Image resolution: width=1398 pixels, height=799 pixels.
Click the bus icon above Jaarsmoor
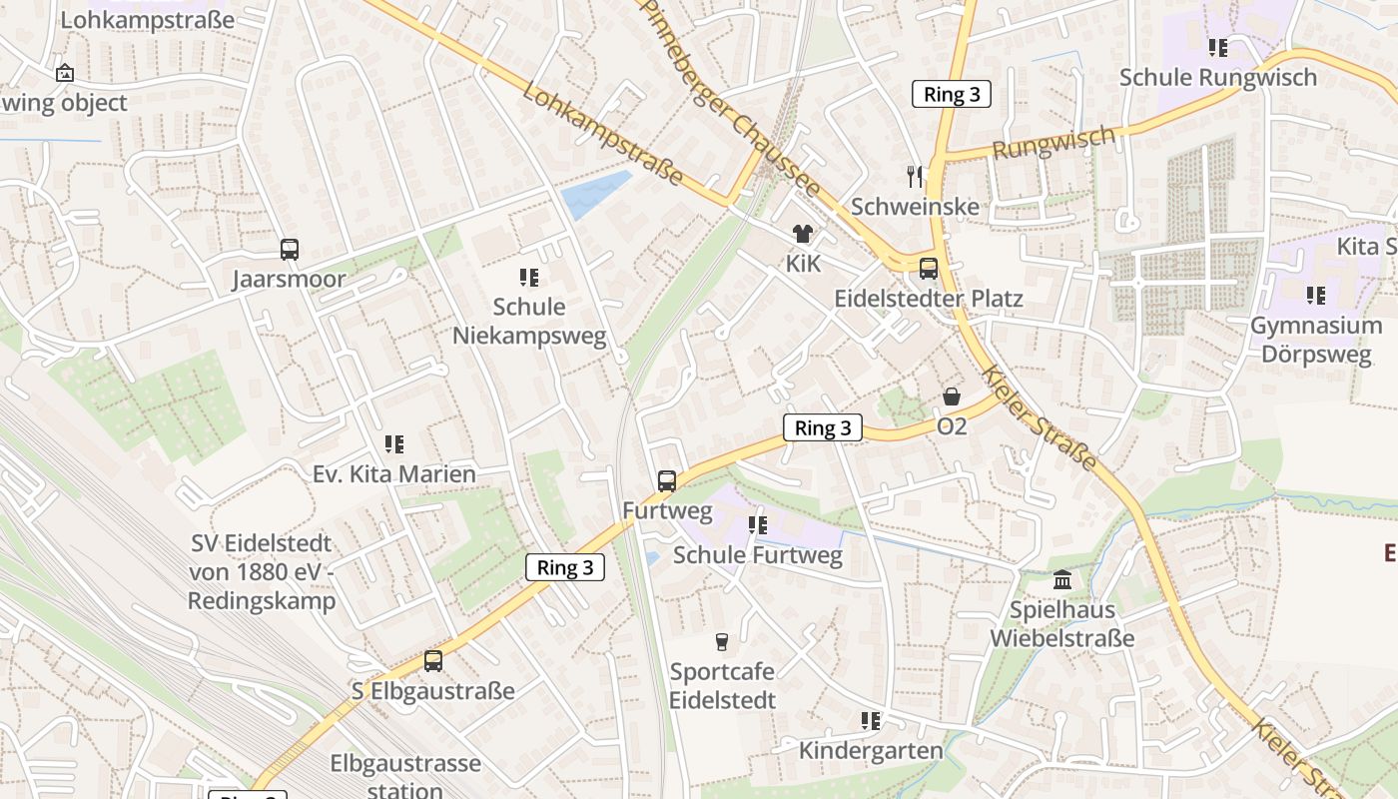[x=289, y=250]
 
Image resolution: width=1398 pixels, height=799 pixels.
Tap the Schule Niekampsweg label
[x=529, y=321]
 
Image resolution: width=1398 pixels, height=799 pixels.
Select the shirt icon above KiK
[x=803, y=234]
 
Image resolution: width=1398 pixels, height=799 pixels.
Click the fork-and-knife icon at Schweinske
[x=915, y=177]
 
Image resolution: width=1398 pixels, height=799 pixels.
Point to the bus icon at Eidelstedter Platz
[x=929, y=269]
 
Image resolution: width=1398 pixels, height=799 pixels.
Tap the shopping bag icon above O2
[x=952, y=397]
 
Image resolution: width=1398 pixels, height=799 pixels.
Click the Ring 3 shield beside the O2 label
[x=823, y=428]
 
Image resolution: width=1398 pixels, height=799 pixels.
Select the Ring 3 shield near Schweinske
[x=952, y=95]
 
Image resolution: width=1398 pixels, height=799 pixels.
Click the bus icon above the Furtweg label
[x=667, y=481]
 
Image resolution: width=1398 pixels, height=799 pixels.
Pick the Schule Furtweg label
[x=758, y=554]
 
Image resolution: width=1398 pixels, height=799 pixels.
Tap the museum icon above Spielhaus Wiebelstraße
[x=1062, y=579]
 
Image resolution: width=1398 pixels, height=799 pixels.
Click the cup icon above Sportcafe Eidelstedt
[x=722, y=641]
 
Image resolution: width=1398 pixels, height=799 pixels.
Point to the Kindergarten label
[x=871, y=750]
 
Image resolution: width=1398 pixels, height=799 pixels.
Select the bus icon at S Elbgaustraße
[x=432, y=661]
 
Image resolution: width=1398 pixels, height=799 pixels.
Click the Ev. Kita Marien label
[x=394, y=473]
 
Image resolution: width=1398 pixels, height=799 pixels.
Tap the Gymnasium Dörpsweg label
[x=1316, y=340]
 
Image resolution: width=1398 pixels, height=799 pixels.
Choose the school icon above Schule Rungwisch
[x=1217, y=47]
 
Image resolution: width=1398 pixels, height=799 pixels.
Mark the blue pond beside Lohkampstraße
[x=596, y=194]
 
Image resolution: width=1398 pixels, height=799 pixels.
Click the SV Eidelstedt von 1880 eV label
[x=262, y=572]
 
